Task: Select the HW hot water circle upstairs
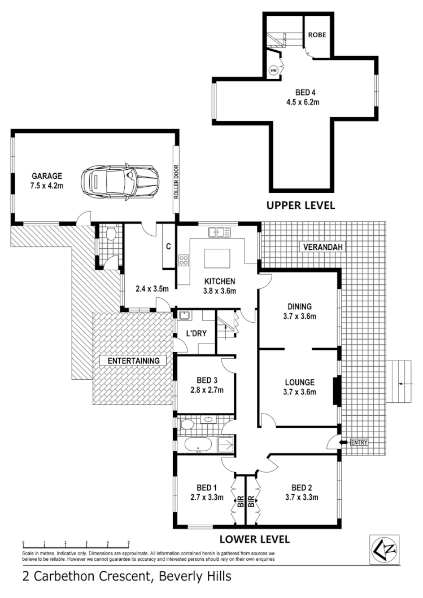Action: click(273, 71)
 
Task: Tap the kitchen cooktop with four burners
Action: click(184, 260)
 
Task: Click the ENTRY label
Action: click(359, 442)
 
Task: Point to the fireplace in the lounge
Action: click(335, 391)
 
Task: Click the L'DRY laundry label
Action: click(196, 334)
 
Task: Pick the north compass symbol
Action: click(384, 549)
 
